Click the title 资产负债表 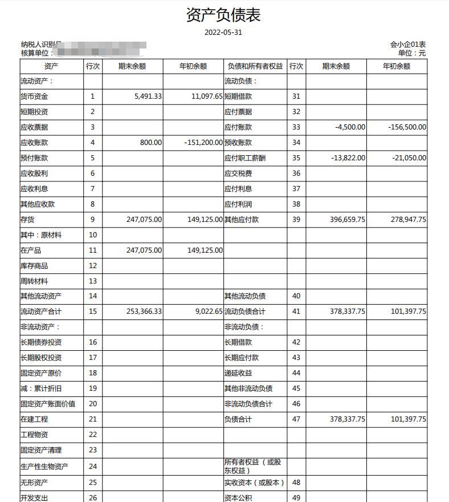point(223,15)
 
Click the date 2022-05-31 point(223,32)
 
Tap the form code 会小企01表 point(408,44)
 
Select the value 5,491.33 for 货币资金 point(148,96)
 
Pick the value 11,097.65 point(207,96)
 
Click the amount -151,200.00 point(203,143)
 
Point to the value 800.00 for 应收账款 point(151,143)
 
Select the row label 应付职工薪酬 point(245,158)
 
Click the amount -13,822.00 point(348,158)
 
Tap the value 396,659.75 point(348,220)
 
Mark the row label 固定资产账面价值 point(48,404)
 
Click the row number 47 point(296,419)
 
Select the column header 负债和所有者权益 point(255,66)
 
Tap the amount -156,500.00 point(407,127)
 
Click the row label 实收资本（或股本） point(254,483)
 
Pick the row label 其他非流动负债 point(248,388)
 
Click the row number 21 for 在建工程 point(93,419)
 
